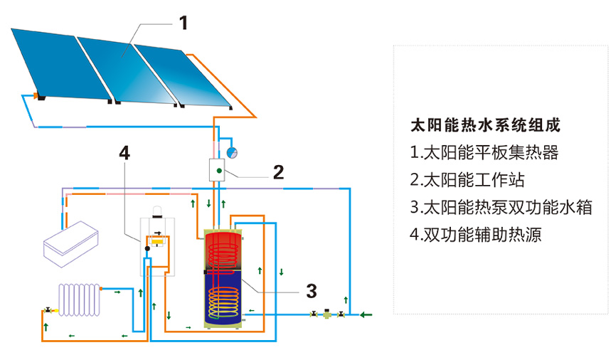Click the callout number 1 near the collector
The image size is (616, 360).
[183, 23]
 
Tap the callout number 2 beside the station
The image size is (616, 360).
[278, 171]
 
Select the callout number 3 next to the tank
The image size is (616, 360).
[311, 290]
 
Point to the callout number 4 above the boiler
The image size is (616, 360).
[124, 152]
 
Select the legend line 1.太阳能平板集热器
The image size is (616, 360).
[484, 153]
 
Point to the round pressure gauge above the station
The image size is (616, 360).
[232, 152]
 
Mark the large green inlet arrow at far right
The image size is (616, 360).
[367, 314]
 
